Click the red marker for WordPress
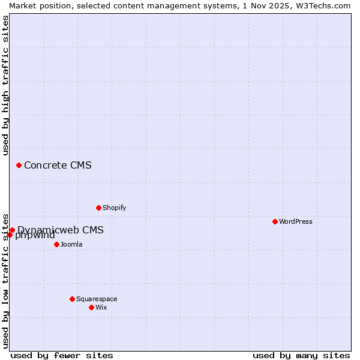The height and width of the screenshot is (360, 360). (275, 221)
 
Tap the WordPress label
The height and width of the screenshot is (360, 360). (296, 221)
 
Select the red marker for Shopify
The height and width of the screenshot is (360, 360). (98, 208)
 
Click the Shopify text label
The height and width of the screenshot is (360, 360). (114, 208)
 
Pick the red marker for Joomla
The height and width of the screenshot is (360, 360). (56, 244)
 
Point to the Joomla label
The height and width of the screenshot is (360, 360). (71, 244)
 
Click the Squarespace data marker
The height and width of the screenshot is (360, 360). (72, 299)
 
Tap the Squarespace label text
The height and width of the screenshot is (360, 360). (97, 299)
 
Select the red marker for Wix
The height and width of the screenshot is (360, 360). (91, 307)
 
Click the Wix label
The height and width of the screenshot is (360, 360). (101, 307)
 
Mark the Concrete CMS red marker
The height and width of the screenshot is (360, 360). (19, 165)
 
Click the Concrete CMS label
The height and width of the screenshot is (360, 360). (58, 165)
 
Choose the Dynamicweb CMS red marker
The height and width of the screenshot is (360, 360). (12, 230)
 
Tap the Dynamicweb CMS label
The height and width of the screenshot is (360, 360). (61, 230)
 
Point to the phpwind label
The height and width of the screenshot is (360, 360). (35, 235)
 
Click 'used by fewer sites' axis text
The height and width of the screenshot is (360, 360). (62, 355)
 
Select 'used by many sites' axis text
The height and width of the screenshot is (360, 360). (301, 355)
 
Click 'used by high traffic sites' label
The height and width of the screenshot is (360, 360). (5, 85)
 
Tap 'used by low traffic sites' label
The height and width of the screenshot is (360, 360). (5, 280)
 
